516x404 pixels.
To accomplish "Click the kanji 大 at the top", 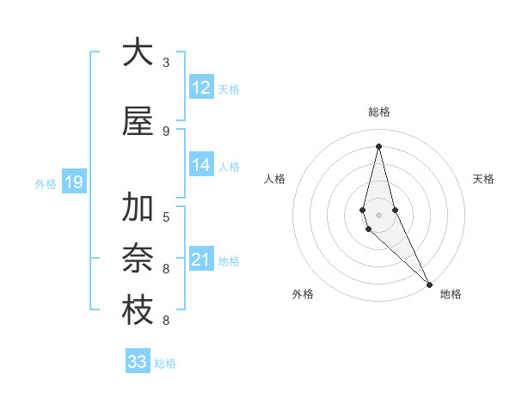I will pyautogui.click(x=137, y=52).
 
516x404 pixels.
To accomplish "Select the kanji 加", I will pyautogui.click(x=137, y=208).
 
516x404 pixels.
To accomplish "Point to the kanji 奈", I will pyautogui.click(x=137, y=259).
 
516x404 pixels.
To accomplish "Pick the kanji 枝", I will pyautogui.click(x=137, y=311).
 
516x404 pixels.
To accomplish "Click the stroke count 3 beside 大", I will pyautogui.click(x=166, y=63).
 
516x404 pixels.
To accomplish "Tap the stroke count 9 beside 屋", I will pyautogui.click(x=166, y=131).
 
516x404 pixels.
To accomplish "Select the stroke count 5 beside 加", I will pyautogui.click(x=166, y=217).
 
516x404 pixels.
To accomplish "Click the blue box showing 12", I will pyautogui.click(x=201, y=88).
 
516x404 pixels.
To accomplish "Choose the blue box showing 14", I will pyautogui.click(x=201, y=165).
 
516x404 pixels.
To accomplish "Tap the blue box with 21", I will pyautogui.click(x=201, y=260).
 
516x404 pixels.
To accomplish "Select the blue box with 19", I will pyautogui.click(x=73, y=182).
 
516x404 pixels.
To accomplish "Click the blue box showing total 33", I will pyautogui.click(x=138, y=362).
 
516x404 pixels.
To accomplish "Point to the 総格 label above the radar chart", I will pyautogui.click(x=379, y=112).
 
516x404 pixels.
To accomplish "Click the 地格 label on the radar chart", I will pyautogui.click(x=451, y=295).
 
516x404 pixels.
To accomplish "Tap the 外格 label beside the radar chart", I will pyautogui.click(x=303, y=295).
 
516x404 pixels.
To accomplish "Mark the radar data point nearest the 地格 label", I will pyautogui.click(x=429, y=284).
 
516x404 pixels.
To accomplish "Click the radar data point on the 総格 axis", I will pyautogui.click(x=378, y=146).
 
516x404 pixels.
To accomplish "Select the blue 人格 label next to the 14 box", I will pyautogui.click(x=229, y=166).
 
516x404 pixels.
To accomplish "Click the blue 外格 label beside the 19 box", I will pyautogui.click(x=45, y=183).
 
